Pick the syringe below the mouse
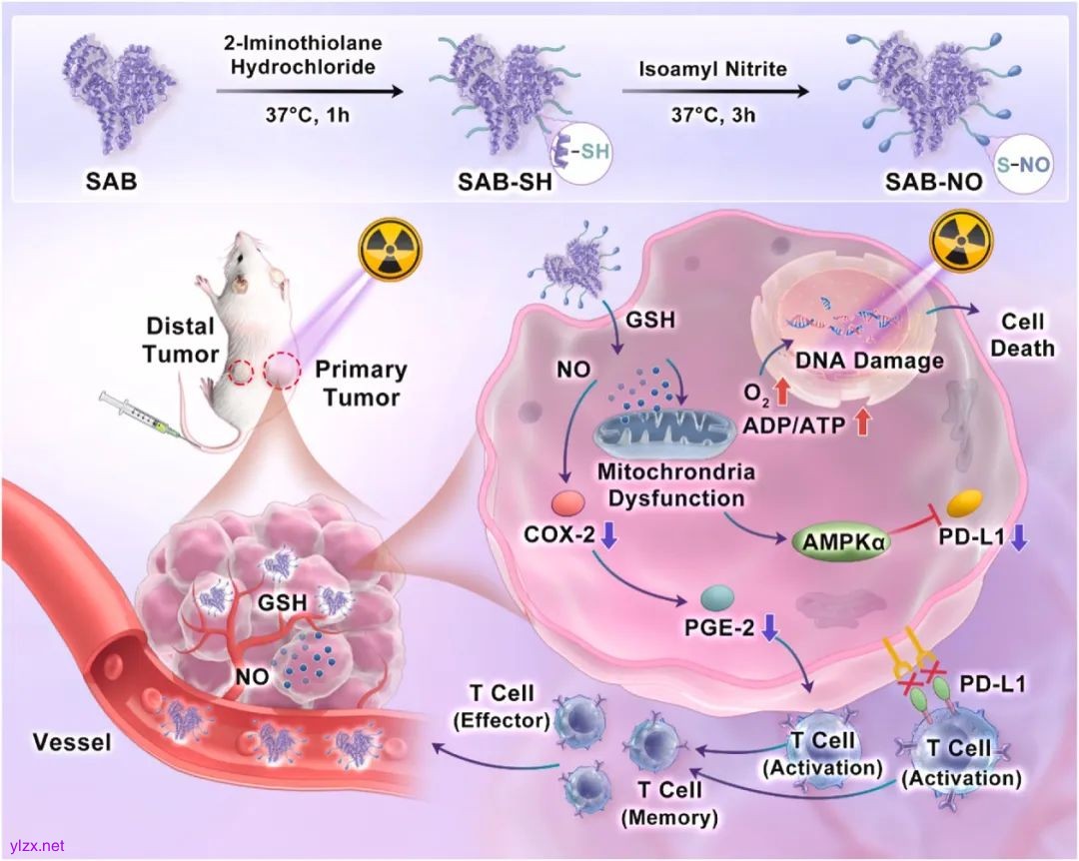141,416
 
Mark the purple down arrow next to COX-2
608,537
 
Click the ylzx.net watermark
35,845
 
